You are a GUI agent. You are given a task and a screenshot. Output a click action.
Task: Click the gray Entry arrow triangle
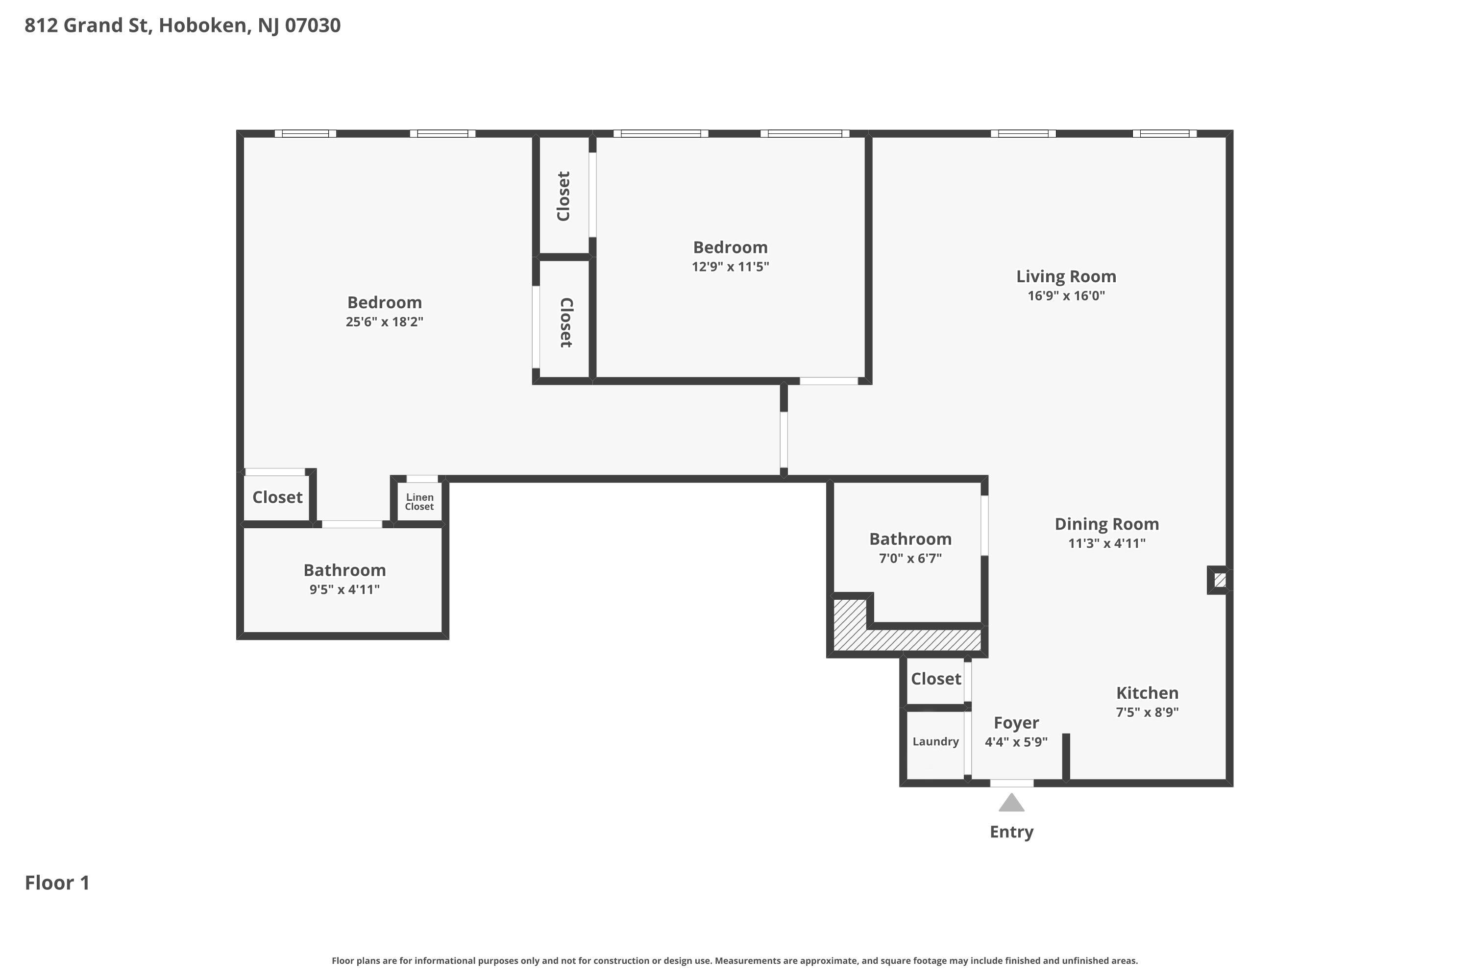coord(1011,803)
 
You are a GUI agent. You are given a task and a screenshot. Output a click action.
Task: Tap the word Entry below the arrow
coord(1011,833)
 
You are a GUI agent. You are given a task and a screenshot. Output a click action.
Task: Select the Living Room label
coord(1066,276)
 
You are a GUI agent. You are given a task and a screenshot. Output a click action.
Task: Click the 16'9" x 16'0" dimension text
coord(1066,295)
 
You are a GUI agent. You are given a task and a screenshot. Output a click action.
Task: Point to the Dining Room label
coord(1107,524)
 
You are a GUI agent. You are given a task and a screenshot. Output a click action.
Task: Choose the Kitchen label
coord(1148,692)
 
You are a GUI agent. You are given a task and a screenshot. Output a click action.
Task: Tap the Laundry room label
coord(935,742)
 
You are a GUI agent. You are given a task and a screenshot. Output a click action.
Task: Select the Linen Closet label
coord(419,502)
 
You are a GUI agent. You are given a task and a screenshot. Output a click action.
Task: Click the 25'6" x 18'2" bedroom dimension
coord(384,322)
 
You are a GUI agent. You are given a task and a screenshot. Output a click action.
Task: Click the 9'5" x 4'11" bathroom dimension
coord(344,589)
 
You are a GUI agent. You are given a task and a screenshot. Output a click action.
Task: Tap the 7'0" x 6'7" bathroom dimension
coord(910,558)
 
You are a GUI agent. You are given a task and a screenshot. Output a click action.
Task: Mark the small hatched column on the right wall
coord(1220,581)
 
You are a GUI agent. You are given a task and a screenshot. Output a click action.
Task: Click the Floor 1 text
coord(57,882)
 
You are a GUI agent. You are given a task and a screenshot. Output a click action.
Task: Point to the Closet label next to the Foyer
coord(935,679)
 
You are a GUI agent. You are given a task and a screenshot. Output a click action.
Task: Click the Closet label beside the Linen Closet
coord(277,497)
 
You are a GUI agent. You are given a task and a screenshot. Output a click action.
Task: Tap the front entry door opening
coord(1011,783)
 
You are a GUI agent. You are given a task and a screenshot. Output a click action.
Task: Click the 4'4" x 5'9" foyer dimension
coord(1016,742)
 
